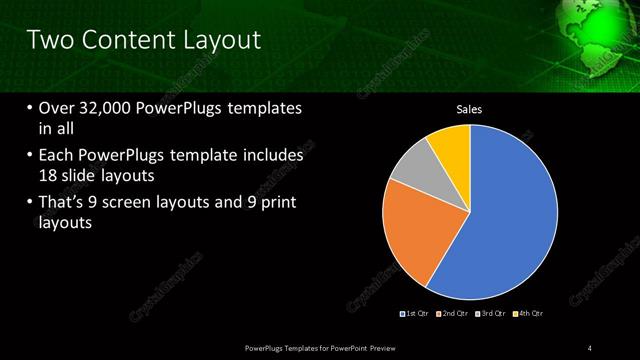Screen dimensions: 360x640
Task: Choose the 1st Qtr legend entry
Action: tap(416, 314)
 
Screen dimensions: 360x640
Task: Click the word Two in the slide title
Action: tap(49, 41)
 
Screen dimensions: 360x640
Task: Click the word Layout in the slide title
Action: tap(220, 41)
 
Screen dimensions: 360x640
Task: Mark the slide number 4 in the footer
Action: tap(591, 347)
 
